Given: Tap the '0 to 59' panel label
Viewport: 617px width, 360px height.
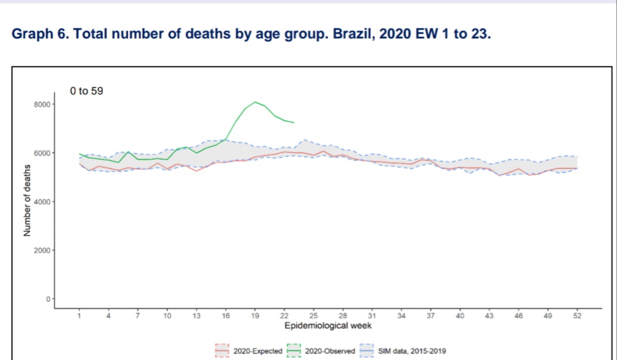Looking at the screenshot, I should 87,91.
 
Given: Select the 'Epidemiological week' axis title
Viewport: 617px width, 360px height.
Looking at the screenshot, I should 327,326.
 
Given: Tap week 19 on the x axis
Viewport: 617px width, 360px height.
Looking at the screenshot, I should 255,316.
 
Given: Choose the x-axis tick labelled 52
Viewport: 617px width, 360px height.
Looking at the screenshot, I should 577,316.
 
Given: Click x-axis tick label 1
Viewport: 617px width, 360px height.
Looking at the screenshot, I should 79,316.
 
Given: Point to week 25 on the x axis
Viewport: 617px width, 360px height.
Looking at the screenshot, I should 313,316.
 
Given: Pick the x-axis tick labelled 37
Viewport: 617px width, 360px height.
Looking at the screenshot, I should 431,316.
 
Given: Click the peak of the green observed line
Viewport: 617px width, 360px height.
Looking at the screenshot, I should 255,102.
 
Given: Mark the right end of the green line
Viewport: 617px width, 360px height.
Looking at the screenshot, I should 294,123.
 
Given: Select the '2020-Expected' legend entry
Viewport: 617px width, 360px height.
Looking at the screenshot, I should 257,351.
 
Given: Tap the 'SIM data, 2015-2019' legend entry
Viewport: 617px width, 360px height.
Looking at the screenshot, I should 412,351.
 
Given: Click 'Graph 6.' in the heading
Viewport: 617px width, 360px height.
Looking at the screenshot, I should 41,34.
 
